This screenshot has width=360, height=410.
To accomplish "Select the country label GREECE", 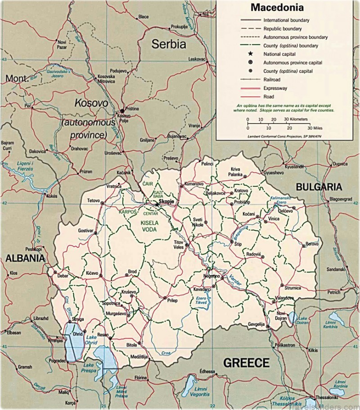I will click(247, 363).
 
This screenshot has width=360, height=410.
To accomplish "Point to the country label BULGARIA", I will click(319, 187).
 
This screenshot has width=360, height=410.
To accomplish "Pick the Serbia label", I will click(168, 44).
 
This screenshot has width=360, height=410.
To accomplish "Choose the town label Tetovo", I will click(93, 200).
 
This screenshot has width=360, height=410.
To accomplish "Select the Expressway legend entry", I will click(275, 88).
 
